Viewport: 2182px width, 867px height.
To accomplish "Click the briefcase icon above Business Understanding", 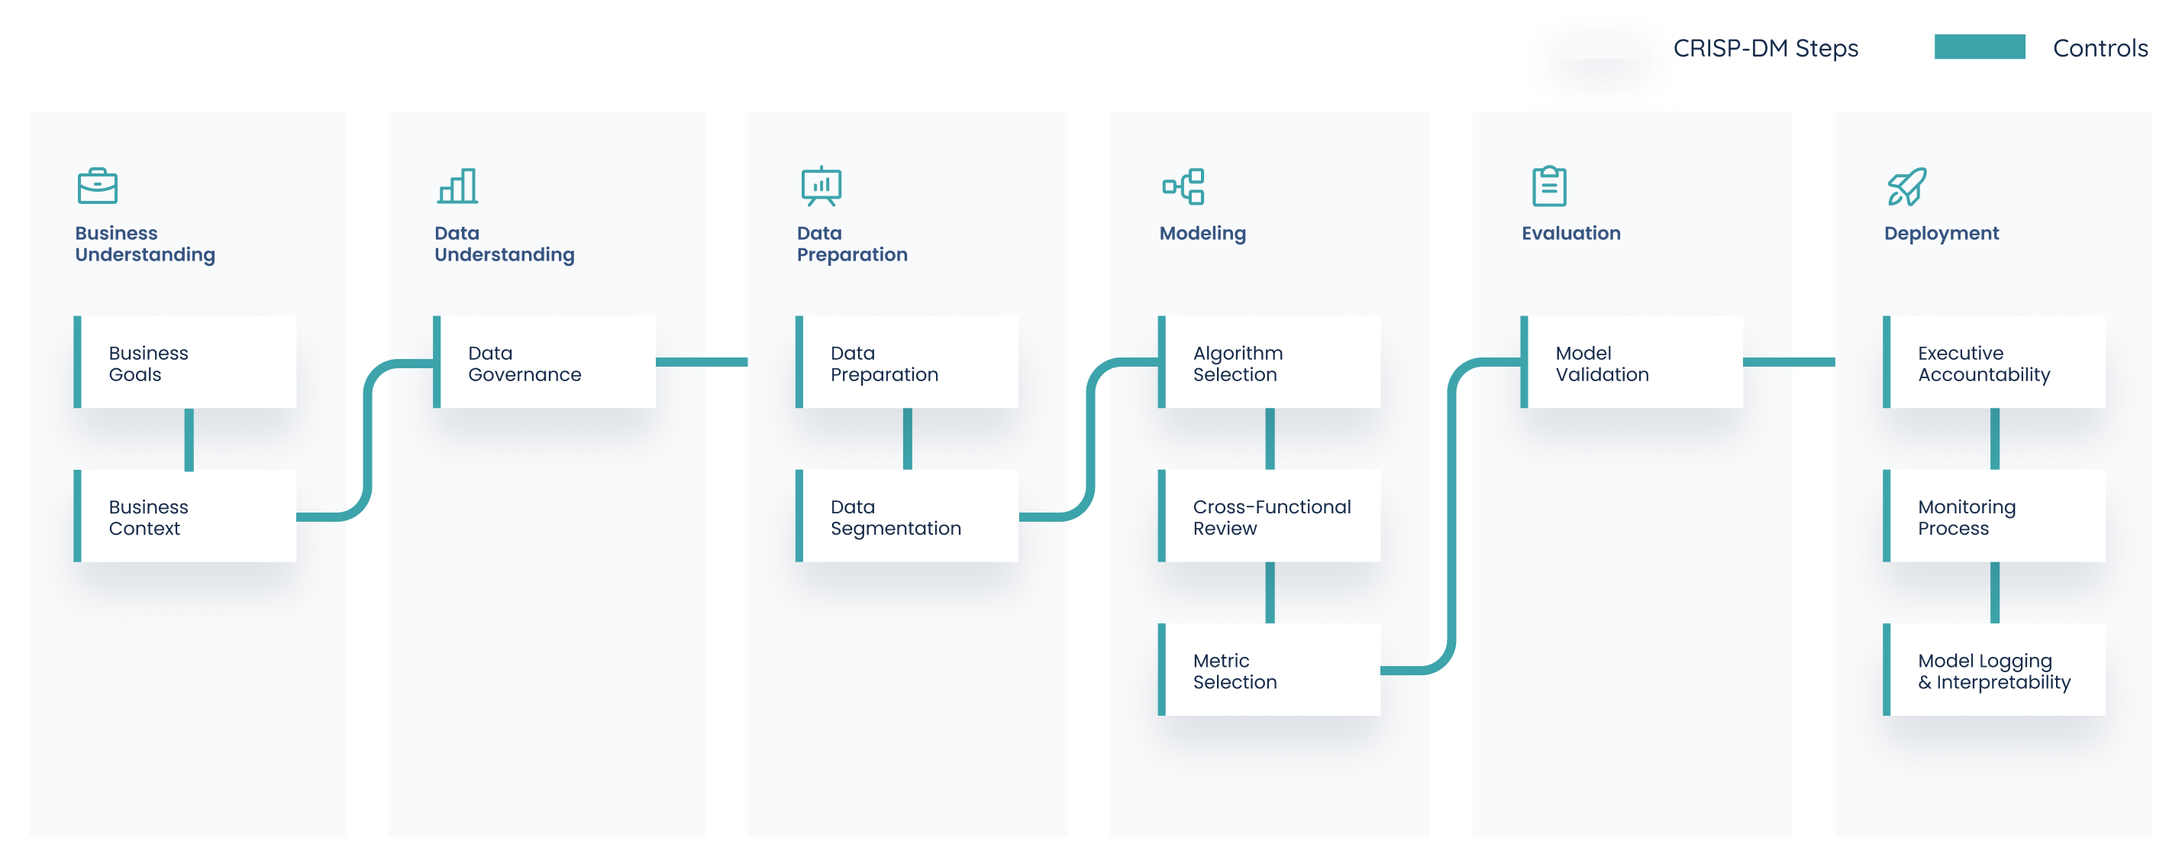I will click(98, 186).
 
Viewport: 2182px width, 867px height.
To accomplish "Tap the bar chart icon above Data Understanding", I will click(457, 186).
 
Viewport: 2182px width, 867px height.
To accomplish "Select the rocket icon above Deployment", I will click(1906, 186).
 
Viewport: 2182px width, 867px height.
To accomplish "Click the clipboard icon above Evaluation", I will click(1549, 186).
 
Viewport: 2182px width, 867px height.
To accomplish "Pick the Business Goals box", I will click(186, 363).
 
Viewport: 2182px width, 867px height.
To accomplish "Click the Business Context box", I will click(186, 516).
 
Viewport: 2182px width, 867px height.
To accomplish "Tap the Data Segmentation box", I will click(907, 516).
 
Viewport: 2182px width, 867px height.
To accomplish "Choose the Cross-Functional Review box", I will click(1270, 516).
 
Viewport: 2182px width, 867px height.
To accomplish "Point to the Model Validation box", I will click(1632, 363).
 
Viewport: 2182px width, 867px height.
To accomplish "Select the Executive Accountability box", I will click(1995, 363).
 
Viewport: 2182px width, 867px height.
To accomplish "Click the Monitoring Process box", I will click(1995, 516).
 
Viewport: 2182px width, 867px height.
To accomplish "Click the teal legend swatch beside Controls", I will click(1980, 47).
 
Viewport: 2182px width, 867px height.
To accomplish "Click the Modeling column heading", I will click(1202, 233).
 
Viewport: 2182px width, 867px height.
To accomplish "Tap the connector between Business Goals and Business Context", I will click(189, 439).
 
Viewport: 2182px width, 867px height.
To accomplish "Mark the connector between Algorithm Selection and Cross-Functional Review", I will click(1270, 439).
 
